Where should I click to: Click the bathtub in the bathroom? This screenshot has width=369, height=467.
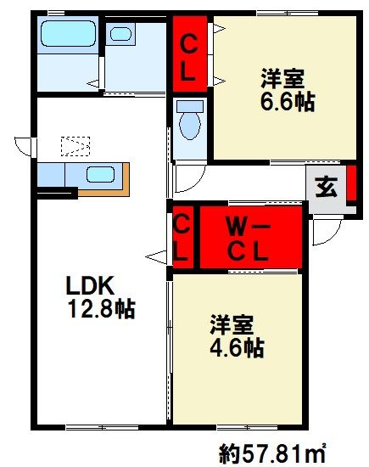click(70, 39)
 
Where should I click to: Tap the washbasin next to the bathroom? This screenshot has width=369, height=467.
click(122, 36)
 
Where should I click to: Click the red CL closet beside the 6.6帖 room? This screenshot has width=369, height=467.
click(189, 52)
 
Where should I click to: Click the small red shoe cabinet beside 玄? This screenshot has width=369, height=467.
click(351, 188)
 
